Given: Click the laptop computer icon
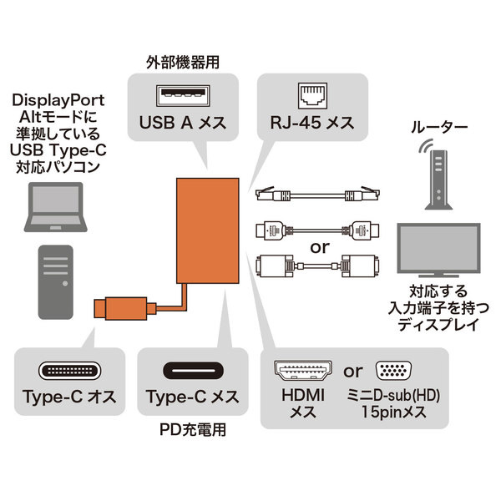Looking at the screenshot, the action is pos(56,207).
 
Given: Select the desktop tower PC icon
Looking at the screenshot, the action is pos(56,282).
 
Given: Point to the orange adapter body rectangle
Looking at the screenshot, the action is pos(208,230).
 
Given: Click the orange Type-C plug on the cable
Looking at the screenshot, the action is pos(124,308).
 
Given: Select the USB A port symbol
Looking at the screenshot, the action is pos(183,95).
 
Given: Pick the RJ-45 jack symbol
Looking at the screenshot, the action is pos(312,95).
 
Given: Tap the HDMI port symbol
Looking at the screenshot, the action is pos(303,372).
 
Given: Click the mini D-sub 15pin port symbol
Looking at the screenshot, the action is pos(393,371).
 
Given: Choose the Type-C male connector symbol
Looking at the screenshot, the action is pos(69,371).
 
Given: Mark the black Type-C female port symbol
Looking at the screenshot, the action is pos(193,371).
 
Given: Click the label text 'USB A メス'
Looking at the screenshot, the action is pos(183,123).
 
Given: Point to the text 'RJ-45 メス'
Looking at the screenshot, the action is pos(312,123).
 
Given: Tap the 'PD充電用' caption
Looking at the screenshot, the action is pos(193,429).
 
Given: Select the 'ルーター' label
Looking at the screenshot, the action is pos(439,127).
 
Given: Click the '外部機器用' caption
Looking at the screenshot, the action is pos(183,63).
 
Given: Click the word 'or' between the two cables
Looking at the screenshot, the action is pos(320,248).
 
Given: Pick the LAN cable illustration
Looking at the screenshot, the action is pos(318,194).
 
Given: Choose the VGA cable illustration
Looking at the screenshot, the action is pos(318,266).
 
